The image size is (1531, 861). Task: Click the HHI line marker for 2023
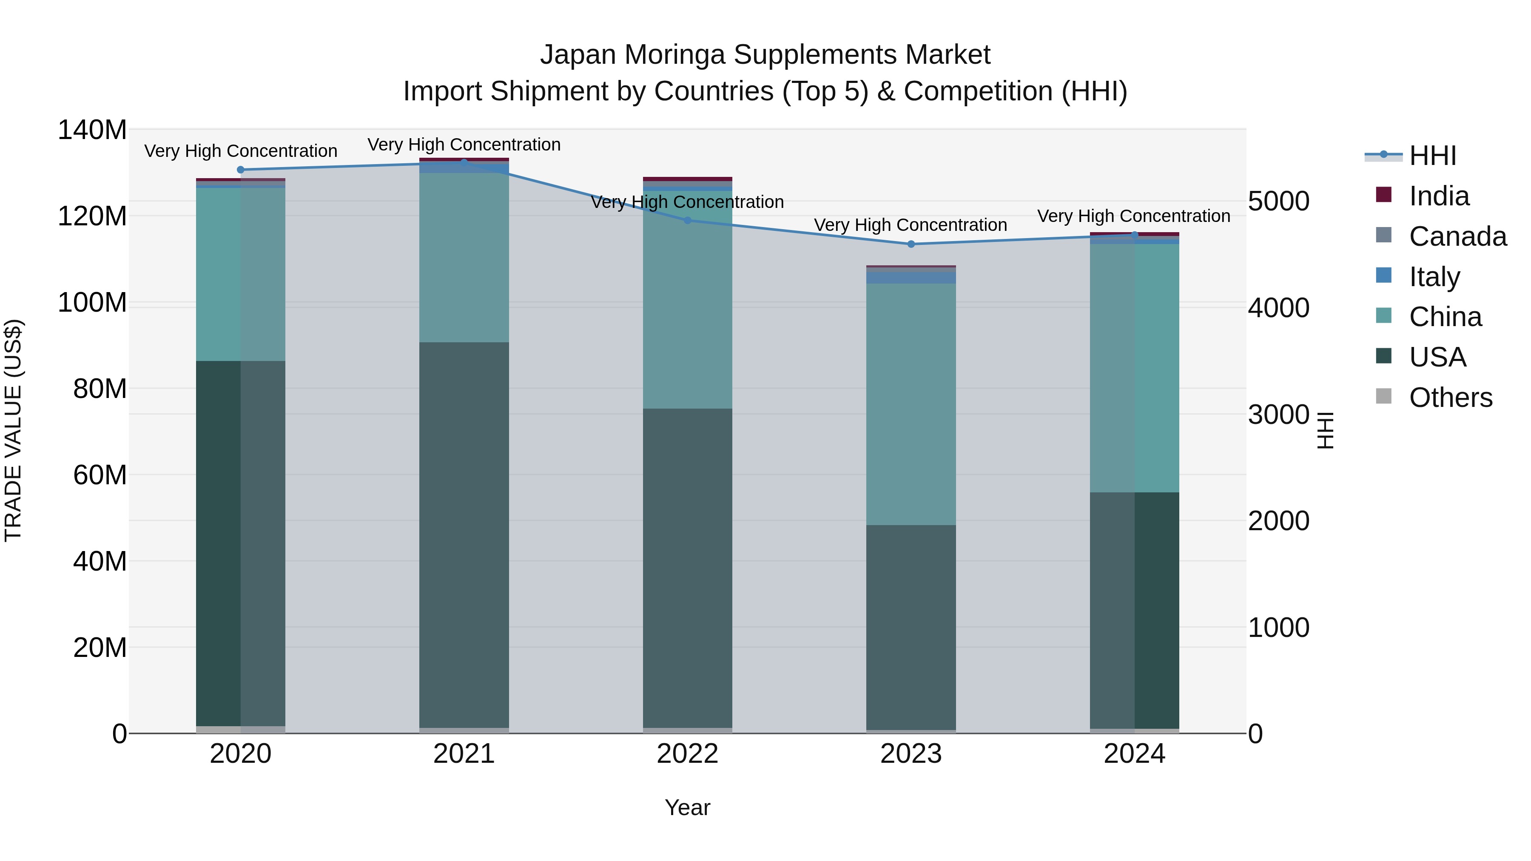coord(911,244)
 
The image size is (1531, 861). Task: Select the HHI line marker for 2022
coord(688,220)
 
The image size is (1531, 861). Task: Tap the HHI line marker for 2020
coord(241,169)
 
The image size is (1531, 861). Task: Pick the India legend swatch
coord(1383,195)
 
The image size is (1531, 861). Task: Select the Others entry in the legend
coord(1450,398)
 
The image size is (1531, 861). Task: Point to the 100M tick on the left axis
coord(92,302)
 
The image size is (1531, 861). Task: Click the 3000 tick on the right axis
coord(1278,415)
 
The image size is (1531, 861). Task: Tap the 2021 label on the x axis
coord(464,754)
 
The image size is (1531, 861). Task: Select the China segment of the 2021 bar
coord(464,257)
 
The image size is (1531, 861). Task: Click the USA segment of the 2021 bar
coord(464,535)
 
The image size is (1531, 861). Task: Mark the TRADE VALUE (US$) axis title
coord(13,430)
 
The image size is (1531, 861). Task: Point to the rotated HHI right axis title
coord(1326,430)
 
